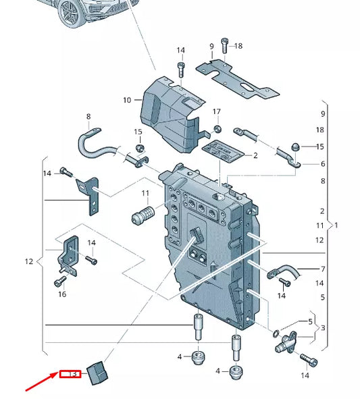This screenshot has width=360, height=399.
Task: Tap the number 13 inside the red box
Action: click(x=70, y=373)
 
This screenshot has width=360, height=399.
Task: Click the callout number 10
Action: click(x=127, y=101)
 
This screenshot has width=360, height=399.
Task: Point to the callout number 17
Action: click(x=217, y=111)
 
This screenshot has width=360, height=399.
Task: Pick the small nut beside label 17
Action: click(x=217, y=128)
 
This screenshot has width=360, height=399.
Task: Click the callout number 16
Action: click(x=62, y=294)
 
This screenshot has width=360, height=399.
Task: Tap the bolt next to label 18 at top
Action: click(x=225, y=46)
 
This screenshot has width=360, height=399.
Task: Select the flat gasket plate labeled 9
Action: click(x=236, y=78)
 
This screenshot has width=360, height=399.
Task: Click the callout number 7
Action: click(x=323, y=269)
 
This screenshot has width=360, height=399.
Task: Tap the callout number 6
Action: click(x=323, y=164)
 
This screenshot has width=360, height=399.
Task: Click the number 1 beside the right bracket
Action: click(x=336, y=224)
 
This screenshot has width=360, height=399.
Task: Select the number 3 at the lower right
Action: click(x=323, y=328)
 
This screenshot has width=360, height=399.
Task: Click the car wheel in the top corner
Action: click(x=71, y=13)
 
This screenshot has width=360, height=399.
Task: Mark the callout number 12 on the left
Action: click(x=28, y=261)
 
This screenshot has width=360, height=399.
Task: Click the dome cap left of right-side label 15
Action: click(x=296, y=147)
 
